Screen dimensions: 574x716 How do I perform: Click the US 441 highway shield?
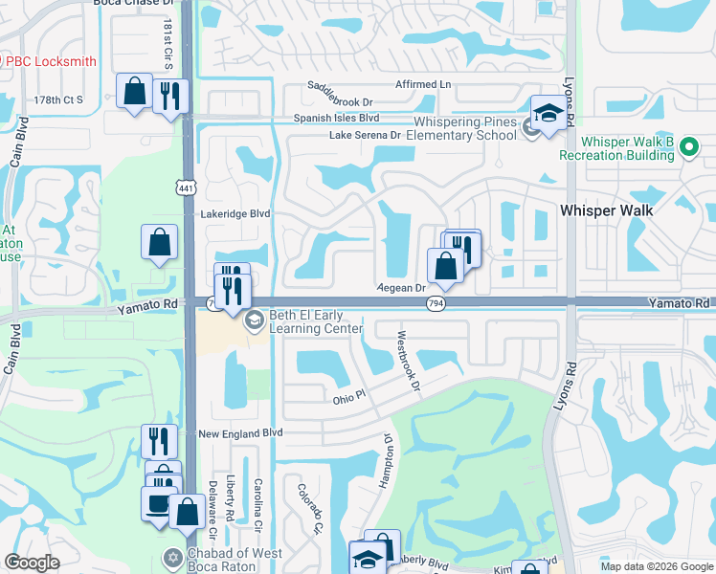186,189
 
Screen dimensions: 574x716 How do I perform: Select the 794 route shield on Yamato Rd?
435,303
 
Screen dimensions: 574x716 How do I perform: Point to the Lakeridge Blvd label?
235,214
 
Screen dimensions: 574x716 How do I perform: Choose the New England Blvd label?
240,433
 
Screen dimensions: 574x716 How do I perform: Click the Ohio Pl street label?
348,395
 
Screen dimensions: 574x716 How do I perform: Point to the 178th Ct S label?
59,99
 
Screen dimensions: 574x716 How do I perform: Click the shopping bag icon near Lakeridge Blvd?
159,243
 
